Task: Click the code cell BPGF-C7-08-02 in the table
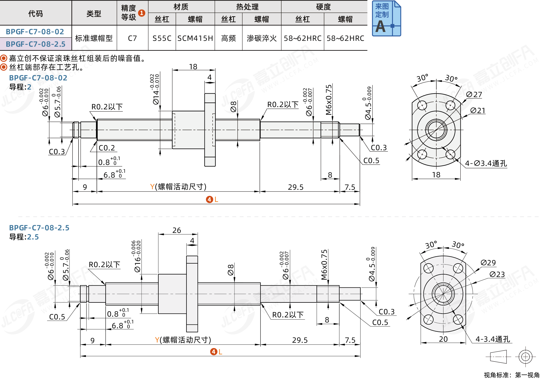click(35, 32)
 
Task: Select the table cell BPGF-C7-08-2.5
click(35, 44)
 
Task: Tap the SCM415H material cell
click(195, 38)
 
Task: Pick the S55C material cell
click(162, 38)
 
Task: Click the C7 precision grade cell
click(132, 38)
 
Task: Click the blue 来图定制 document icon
click(386, 18)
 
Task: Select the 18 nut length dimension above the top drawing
click(193, 67)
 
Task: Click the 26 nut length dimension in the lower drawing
click(177, 230)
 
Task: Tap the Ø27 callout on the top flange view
click(474, 95)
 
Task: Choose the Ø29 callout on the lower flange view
click(488, 263)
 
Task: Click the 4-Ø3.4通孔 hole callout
click(486, 163)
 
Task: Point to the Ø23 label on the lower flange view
click(497, 274)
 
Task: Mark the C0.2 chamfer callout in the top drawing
click(107, 148)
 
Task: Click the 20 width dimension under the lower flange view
click(443, 339)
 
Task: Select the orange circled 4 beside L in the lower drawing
click(214, 352)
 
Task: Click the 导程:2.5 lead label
click(24, 237)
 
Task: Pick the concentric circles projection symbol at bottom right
click(525, 357)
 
